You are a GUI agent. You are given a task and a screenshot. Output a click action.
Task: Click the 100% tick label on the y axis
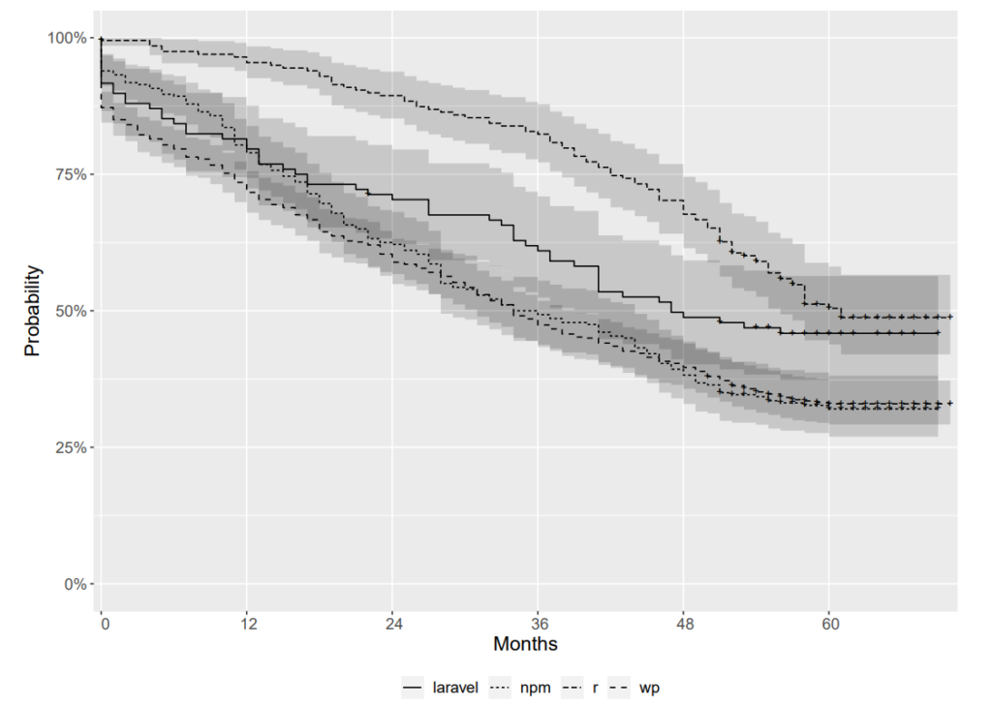pos(66,38)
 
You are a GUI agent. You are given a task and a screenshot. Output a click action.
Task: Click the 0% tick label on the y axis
pos(75,584)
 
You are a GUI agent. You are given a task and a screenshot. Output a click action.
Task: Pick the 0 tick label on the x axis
pos(104,624)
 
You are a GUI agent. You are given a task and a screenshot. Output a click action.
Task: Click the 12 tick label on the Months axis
pos(248,624)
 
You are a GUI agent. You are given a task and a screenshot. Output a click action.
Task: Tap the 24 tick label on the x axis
pos(392,624)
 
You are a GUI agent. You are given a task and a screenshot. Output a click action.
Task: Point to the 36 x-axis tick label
pos(539,624)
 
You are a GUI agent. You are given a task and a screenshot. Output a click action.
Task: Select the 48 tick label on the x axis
pos(684,624)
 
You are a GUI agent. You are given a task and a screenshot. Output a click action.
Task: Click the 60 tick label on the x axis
pos(829,624)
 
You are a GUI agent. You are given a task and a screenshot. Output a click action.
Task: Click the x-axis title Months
pos(525,643)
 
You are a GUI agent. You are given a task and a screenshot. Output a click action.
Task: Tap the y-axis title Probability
pos(33,311)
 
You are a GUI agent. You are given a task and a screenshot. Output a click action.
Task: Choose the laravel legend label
pos(456,688)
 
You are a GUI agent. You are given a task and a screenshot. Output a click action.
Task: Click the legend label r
pos(595,688)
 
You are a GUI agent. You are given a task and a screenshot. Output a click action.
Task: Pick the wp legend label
pos(650,688)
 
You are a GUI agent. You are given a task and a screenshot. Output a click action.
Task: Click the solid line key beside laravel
pos(413,688)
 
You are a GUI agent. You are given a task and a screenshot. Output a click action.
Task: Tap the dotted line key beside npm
pos(500,688)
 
